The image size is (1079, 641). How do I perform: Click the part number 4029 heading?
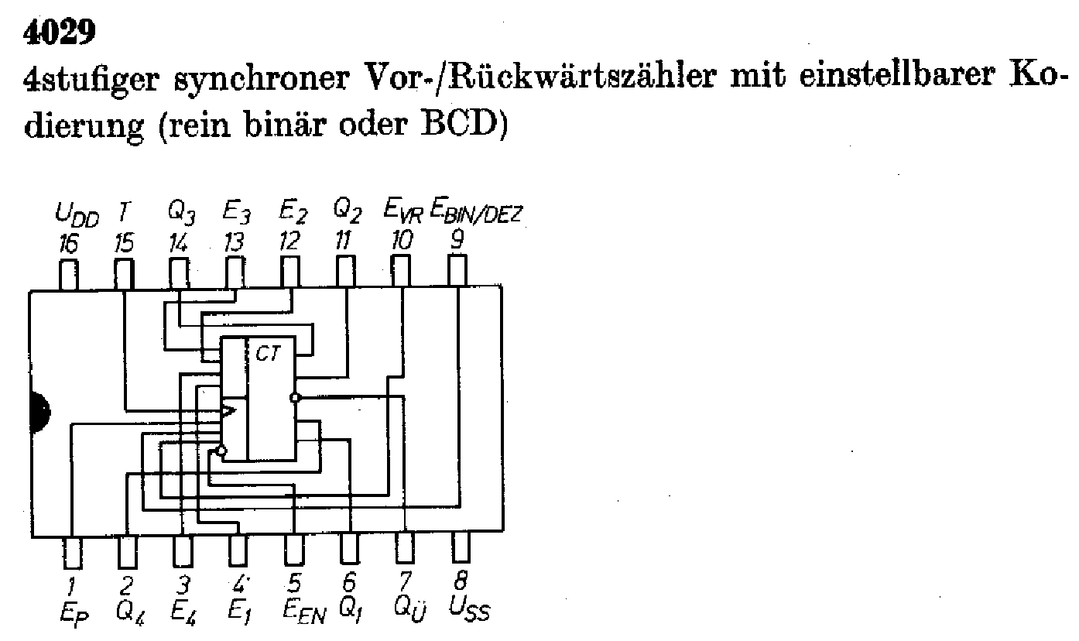tap(59, 33)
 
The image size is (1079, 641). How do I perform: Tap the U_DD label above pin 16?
tap(77, 212)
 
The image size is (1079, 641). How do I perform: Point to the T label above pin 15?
tap(123, 210)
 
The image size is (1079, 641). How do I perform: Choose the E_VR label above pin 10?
tap(403, 211)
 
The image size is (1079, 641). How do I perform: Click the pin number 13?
tap(232, 243)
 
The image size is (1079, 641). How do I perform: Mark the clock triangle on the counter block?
tap(228, 410)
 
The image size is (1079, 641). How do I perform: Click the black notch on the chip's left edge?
tap(38, 410)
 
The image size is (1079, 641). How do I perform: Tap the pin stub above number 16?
tap(69, 275)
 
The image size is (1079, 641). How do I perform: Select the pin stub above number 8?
tap(461, 549)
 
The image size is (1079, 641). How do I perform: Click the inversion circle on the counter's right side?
tap(294, 398)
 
